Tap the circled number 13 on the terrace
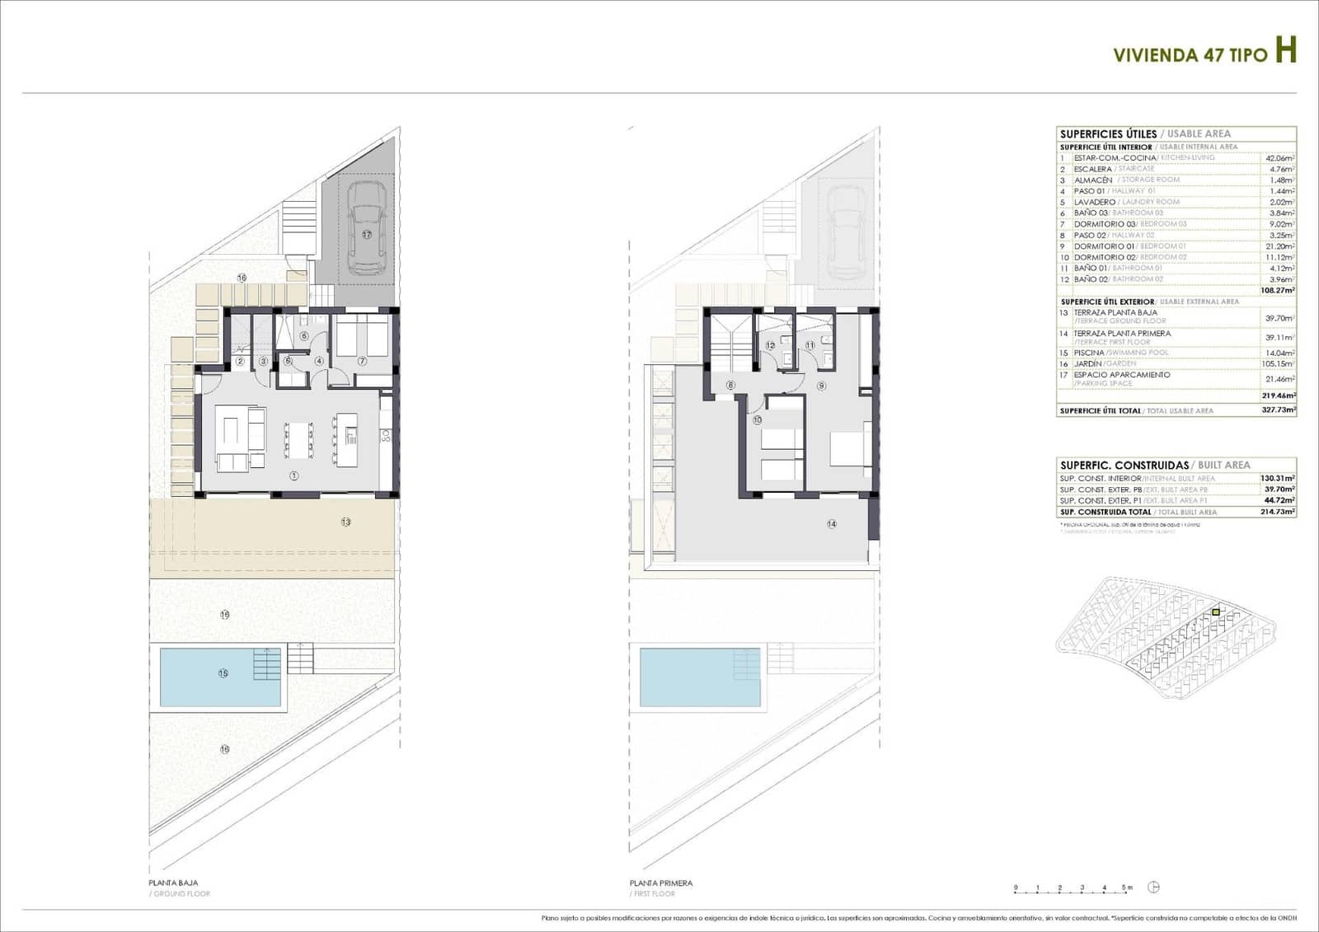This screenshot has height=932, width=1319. (345, 522)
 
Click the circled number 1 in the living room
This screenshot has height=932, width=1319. (294, 475)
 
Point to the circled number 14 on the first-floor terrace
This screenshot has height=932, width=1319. (832, 523)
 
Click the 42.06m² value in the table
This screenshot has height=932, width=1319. (1279, 158)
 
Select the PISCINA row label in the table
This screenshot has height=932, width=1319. (1088, 353)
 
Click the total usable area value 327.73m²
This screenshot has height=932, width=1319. (1279, 410)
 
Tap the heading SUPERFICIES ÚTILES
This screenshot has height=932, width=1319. (1108, 133)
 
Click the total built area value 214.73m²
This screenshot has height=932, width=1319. (1278, 512)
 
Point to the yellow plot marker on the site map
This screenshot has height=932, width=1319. (1216, 612)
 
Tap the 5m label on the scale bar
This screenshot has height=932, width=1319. (1127, 888)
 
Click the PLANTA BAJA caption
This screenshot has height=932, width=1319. (173, 883)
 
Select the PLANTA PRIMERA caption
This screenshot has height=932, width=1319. (660, 883)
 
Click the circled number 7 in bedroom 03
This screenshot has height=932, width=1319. (362, 361)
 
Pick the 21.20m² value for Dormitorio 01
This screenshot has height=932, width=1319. (1279, 246)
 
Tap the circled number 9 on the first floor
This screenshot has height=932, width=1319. (821, 386)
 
